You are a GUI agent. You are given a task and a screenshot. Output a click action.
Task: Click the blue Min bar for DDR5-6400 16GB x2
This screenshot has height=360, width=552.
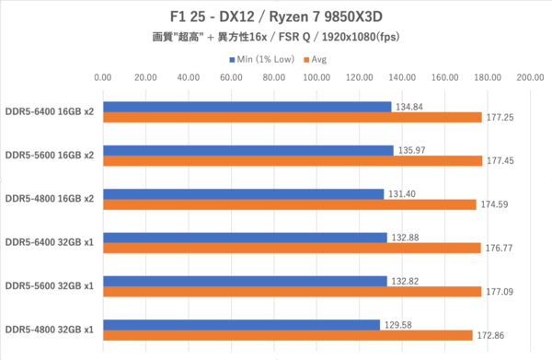tap(247, 107)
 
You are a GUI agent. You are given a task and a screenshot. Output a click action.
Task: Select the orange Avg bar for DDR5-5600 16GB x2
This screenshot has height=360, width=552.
tap(293, 161)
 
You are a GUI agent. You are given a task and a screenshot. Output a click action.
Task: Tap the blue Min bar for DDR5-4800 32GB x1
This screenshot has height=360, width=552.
tap(241, 325)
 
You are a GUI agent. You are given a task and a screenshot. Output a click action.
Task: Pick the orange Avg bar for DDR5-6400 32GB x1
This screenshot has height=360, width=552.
tap(292, 248)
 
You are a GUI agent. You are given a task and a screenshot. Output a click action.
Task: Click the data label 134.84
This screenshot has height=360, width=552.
tap(409, 107)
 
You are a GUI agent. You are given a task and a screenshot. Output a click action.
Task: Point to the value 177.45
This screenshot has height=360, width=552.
tap(500, 161)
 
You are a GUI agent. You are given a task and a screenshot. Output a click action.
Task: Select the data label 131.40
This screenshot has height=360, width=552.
tap(402, 194)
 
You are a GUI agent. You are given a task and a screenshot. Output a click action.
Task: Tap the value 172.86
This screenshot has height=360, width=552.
tap(490, 335)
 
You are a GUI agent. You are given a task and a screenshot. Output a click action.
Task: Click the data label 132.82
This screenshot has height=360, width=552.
tap(405, 282)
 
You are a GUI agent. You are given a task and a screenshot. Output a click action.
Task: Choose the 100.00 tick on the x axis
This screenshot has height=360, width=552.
tap(316, 77)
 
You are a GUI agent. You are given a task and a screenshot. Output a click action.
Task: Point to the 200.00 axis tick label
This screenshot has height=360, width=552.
tap(530, 77)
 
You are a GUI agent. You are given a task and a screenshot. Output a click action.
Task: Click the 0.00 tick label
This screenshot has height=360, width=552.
tap(103, 77)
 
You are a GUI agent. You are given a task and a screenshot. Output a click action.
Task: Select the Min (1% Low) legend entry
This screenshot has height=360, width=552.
tap(262, 60)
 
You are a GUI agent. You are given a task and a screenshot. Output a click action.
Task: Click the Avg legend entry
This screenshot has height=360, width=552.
tap(315, 60)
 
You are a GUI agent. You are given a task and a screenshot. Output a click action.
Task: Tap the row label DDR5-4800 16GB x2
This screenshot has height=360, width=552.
tap(50, 199)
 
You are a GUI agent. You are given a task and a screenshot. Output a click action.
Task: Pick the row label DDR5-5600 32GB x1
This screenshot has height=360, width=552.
tap(50, 285)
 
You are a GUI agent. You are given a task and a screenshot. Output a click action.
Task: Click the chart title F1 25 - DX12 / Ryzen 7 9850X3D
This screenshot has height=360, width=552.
tap(276, 17)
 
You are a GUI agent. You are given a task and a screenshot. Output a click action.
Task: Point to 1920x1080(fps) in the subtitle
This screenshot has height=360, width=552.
tap(361, 37)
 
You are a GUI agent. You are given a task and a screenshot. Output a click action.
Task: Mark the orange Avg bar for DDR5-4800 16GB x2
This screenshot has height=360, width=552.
tap(290, 204)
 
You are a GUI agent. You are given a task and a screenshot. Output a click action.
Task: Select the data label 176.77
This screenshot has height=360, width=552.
tap(499, 249)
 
